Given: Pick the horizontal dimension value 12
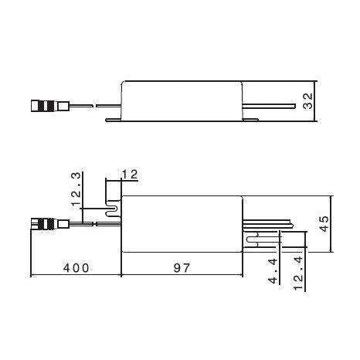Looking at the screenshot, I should (x=130, y=175).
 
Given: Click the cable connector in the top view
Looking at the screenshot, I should (x=44, y=224).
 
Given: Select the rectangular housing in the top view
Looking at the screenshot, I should (x=182, y=224).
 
